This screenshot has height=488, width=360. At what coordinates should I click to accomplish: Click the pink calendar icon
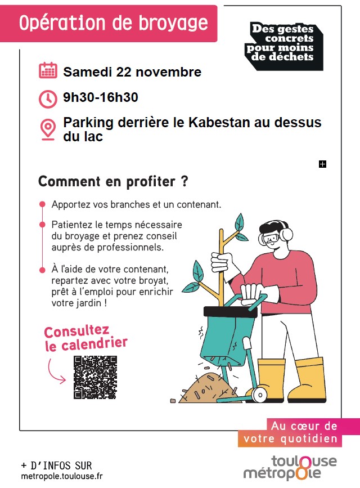48,71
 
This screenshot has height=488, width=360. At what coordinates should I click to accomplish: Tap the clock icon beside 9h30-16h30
48,99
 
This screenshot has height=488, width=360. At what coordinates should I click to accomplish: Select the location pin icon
48,129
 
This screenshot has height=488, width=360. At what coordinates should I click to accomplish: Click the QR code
95,377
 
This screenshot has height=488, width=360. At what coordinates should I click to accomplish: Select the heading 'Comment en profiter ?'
113,182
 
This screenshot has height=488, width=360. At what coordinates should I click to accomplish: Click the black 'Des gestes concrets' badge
283,44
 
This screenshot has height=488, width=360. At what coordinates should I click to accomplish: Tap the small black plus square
322,164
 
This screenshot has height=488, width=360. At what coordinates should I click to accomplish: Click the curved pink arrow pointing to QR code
57,371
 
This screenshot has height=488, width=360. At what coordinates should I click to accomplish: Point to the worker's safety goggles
271,238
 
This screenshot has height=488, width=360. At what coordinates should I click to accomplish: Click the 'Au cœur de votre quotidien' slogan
298,433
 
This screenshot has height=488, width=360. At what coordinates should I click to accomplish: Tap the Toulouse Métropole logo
290,468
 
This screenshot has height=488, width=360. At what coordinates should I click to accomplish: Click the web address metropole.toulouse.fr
62,476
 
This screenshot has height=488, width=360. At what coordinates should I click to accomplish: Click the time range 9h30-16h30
101,98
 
